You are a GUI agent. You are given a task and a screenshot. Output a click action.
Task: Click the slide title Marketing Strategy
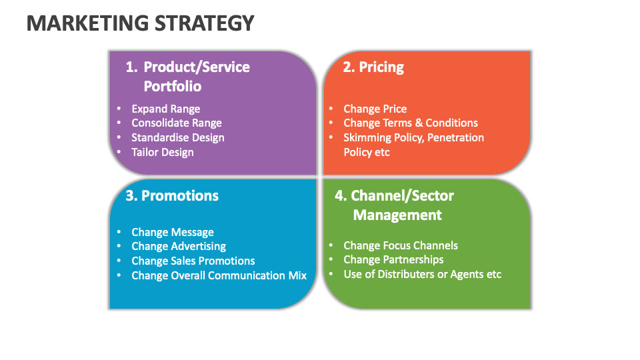(x=141, y=23)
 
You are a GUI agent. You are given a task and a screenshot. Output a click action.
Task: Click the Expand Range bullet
(x=165, y=109)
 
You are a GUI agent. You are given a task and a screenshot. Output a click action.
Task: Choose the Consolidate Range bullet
(x=176, y=123)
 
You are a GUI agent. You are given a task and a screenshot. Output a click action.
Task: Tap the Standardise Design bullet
(x=177, y=137)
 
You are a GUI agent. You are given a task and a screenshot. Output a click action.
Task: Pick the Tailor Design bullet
(x=163, y=152)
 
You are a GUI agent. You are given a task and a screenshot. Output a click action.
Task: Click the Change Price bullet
(x=375, y=109)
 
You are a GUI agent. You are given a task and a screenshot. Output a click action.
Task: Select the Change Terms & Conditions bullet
(x=410, y=123)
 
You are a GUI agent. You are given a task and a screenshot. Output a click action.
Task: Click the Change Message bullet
(x=173, y=232)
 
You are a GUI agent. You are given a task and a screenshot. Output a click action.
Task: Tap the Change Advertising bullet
(x=179, y=246)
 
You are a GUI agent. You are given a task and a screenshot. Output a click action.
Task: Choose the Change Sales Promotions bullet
(x=193, y=261)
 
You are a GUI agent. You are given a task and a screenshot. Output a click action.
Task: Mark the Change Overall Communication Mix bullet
(x=219, y=275)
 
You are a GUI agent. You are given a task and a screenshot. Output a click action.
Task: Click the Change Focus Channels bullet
(x=401, y=245)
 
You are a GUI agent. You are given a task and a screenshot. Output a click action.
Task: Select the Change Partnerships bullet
(x=393, y=259)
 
